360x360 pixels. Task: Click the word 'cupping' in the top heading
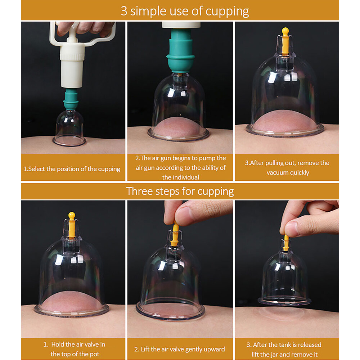coord(227,11)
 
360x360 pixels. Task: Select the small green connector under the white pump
coord(71,99)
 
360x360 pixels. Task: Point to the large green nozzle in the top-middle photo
coord(180,51)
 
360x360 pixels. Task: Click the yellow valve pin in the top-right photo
coord(285,41)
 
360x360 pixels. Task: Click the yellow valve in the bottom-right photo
coord(286,242)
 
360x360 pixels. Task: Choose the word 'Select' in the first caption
coord(36,169)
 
